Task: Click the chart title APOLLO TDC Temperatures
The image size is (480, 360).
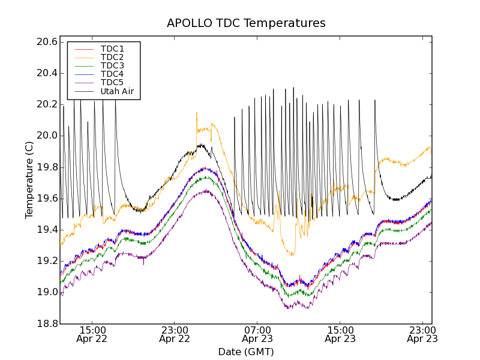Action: (246, 23)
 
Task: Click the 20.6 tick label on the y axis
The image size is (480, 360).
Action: (47, 42)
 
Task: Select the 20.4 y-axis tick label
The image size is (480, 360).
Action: (47, 73)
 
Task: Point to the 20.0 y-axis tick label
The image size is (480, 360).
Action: (47, 136)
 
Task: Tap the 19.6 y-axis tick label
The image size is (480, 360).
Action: (47, 199)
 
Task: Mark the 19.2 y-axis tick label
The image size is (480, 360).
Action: (47, 261)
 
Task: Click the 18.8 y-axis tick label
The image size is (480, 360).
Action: (47, 324)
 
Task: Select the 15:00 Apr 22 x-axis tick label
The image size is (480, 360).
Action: (92, 334)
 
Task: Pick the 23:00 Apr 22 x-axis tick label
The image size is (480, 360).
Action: (175, 334)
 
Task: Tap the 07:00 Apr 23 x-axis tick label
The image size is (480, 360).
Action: (257, 334)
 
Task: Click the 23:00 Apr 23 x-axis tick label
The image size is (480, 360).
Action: (422, 334)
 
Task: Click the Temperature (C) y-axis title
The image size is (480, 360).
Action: (29, 179)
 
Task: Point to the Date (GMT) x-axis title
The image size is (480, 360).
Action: (246, 352)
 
